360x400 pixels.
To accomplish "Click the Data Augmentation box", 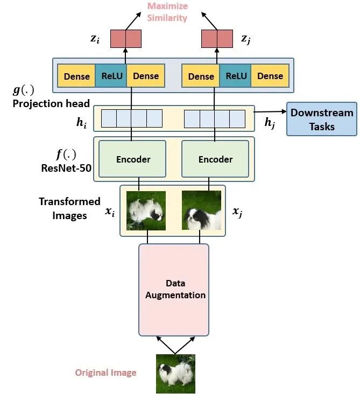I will pos(174,290).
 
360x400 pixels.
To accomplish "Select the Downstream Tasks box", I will pos(322,120).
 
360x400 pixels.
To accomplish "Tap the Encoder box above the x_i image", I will pos(133,159).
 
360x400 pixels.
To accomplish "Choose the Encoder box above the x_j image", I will pos(215,159).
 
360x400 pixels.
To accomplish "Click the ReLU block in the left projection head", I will pos(112,76).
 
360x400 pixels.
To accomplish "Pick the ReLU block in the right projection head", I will pos(236,76).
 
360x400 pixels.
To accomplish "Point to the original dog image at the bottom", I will pos(175,373).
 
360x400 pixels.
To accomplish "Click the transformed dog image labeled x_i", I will pos(146,210).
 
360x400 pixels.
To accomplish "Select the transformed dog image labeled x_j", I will pos(202,210).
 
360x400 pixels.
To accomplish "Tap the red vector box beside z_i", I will pos(126,38).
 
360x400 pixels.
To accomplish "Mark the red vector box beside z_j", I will pos(216,38).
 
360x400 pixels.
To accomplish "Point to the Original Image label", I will pos(105,373).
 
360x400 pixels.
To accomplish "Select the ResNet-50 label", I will pos(66,167).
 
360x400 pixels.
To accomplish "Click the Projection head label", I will pos(51,103).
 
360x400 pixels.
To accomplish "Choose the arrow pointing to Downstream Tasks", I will pos(270,113).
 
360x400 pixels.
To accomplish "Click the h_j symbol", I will pos(270,123).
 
